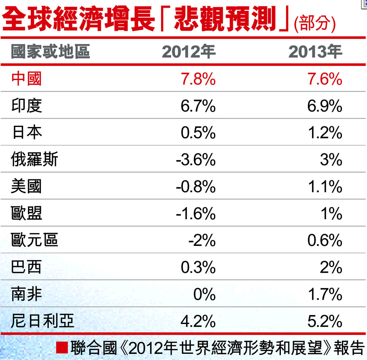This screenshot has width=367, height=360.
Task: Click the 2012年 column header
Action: (x=189, y=52)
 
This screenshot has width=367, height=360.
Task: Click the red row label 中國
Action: (x=26, y=79)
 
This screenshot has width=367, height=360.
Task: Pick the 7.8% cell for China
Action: (x=198, y=79)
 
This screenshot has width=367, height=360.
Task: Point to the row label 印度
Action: (x=26, y=106)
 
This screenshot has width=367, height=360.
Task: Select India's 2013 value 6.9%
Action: (x=325, y=106)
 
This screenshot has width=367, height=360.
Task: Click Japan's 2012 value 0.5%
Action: (x=198, y=133)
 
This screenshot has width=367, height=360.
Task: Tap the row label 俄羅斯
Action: (x=34, y=160)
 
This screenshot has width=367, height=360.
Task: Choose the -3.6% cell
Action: (x=195, y=160)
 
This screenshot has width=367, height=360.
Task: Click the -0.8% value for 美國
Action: (x=195, y=187)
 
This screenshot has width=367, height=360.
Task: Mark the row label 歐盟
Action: (x=26, y=214)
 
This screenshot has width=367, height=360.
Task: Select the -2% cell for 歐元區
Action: (x=202, y=241)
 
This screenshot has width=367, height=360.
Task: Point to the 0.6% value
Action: (x=325, y=241)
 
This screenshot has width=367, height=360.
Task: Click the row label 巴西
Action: (x=26, y=267)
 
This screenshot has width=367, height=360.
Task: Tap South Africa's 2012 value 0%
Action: (x=204, y=294)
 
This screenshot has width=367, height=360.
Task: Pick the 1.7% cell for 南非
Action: (x=325, y=294)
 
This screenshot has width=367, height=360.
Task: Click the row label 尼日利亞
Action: (x=42, y=322)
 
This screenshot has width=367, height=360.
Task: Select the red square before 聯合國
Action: (x=62, y=347)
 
